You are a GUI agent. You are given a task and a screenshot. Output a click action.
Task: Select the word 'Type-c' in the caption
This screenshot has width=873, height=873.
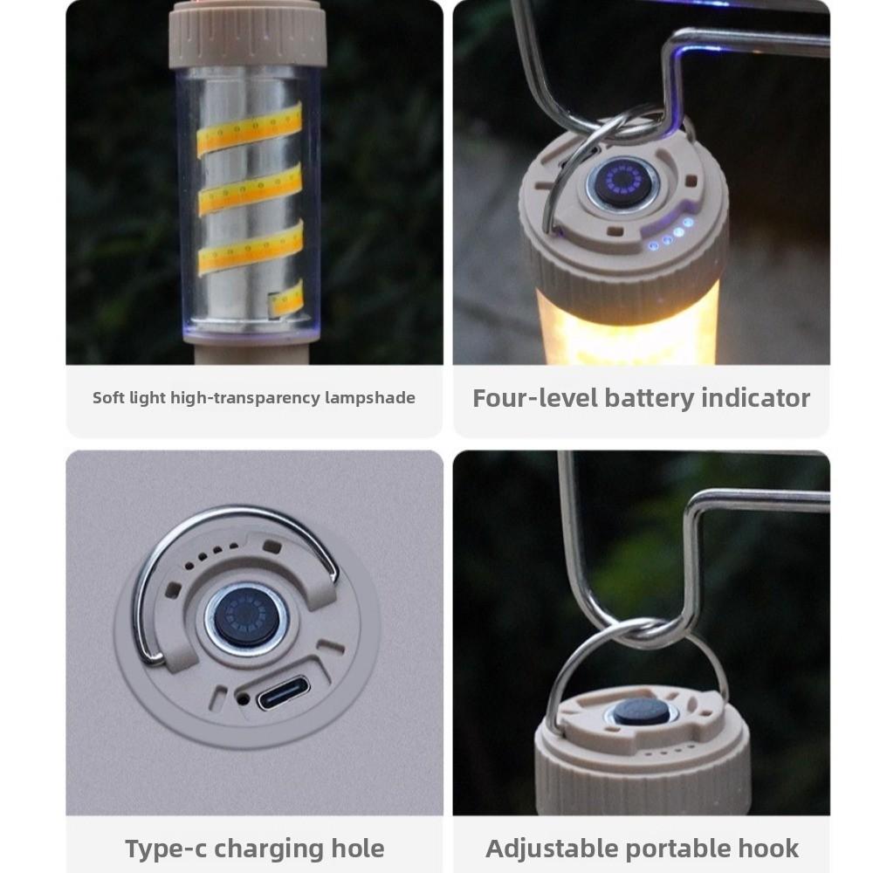coord(166,849)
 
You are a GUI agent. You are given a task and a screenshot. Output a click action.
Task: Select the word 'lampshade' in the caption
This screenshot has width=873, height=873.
coord(370,398)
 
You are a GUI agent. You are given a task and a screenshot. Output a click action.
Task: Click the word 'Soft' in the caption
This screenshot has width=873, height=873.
coord(108,398)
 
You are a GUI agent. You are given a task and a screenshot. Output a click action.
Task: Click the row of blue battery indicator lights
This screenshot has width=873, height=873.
coord(670,236)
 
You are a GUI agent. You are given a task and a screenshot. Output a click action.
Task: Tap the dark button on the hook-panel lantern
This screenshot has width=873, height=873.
coord(640,711)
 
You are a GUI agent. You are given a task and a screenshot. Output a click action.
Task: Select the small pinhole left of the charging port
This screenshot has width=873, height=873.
coord(240,698)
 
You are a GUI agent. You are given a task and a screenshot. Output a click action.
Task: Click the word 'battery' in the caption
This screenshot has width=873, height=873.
coord(641,398)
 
